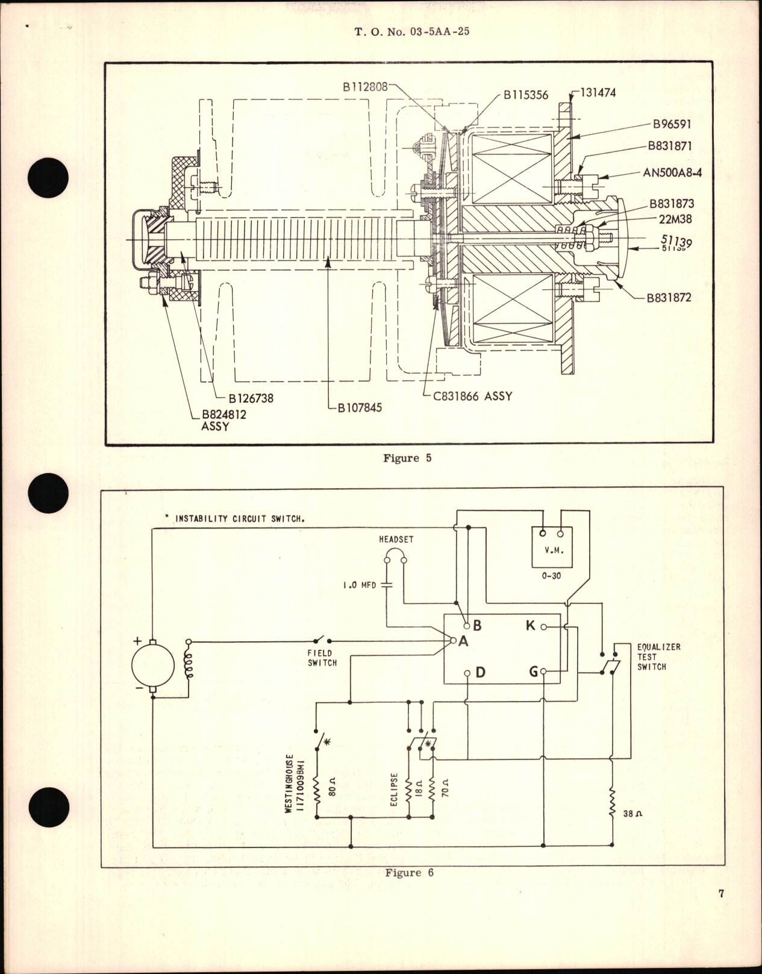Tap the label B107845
[x=359, y=407]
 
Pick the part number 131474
[x=598, y=93]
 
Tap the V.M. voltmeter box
[x=551, y=545]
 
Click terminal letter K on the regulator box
[x=530, y=626]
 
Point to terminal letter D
[x=480, y=672]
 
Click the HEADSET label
[x=396, y=539]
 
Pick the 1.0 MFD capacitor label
[x=359, y=585]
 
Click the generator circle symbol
[x=153, y=665]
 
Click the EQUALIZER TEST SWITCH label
[x=651, y=656]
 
